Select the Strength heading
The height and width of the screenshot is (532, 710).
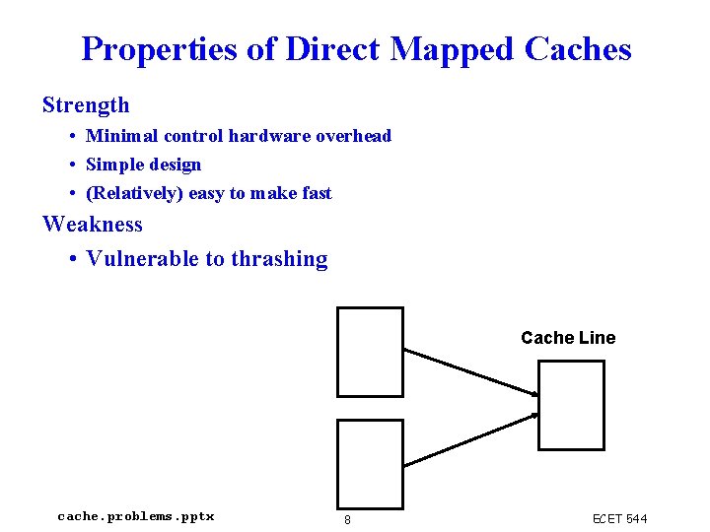click(x=86, y=104)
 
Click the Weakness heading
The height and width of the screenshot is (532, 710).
click(x=92, y=224)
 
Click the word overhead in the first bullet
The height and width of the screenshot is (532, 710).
click(x=353, y=136)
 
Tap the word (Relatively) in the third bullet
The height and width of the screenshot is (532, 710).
click(x=135, y=193)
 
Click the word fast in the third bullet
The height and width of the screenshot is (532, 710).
click(x=317, y=193)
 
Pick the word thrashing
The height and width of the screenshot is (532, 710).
click(x=279, y=259)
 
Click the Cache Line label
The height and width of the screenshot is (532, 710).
click(x=568, y=338)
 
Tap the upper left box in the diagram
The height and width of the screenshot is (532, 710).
click(x=370, y=352)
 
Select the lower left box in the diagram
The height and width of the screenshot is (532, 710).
click(x=370, y=464)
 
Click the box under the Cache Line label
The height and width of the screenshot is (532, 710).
click(x=571, y=404)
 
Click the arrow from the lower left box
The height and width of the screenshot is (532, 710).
click(x=470, y=439)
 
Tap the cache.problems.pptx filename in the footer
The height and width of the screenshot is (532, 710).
click(x=136, y=516)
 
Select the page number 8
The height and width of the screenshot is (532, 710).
click(x=347, y=519)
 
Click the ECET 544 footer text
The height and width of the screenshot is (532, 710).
click(x=619, y=518)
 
